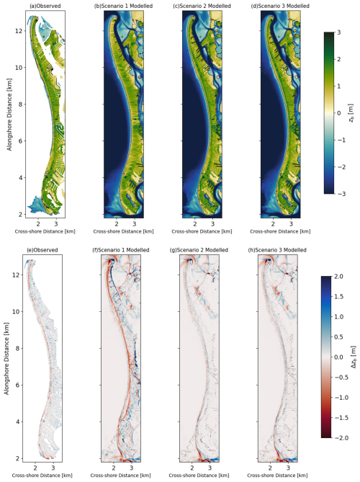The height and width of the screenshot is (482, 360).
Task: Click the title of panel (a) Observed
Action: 45,6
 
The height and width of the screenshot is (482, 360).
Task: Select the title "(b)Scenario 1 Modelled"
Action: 123,6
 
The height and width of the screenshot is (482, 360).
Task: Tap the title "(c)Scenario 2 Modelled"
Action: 202,6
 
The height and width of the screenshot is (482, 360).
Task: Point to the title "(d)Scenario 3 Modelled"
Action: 280,6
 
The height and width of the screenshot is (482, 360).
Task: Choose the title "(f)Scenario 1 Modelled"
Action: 120,250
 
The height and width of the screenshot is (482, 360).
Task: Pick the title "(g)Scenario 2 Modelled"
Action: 199,250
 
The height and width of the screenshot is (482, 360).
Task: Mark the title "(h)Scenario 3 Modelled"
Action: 277,250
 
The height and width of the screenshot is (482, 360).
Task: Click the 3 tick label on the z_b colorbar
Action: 339,32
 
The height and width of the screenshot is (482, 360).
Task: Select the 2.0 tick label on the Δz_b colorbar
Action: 338,277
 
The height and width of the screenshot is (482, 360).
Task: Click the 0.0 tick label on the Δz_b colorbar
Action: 338,357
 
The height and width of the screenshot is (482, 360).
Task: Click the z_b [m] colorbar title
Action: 351,113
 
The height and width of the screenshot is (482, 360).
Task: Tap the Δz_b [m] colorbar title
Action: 354,357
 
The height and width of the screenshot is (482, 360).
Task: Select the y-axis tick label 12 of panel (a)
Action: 19,31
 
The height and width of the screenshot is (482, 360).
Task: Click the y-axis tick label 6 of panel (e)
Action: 18,385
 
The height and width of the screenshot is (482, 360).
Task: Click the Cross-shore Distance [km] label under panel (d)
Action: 280,231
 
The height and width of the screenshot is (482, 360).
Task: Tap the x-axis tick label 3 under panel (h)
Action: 288,468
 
